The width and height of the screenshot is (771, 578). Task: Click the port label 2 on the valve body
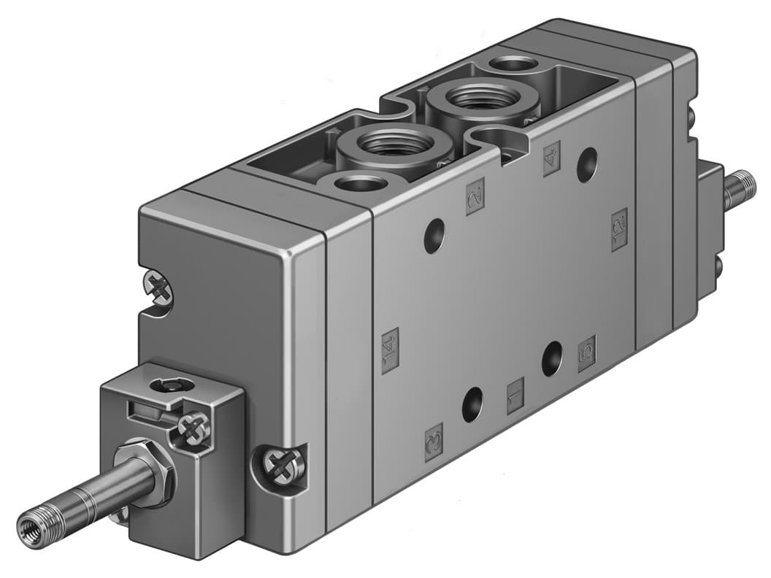[x=476, y=199]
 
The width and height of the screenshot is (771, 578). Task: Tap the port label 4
[x=552, y=158]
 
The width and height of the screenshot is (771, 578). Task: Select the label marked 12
[x=619, y=229]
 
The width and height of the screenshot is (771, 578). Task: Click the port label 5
[x=586, y=354]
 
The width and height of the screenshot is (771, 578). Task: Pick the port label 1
[x=516, y=395]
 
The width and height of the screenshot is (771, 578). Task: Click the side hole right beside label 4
[x=586, y=165]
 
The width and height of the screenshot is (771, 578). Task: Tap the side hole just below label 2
[x=434, y=236]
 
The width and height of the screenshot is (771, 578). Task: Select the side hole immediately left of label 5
[x=552, y=358]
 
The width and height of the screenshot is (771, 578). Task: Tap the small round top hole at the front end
[x=358, y=182]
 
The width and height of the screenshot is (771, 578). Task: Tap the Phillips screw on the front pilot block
[x=194, y=428]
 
